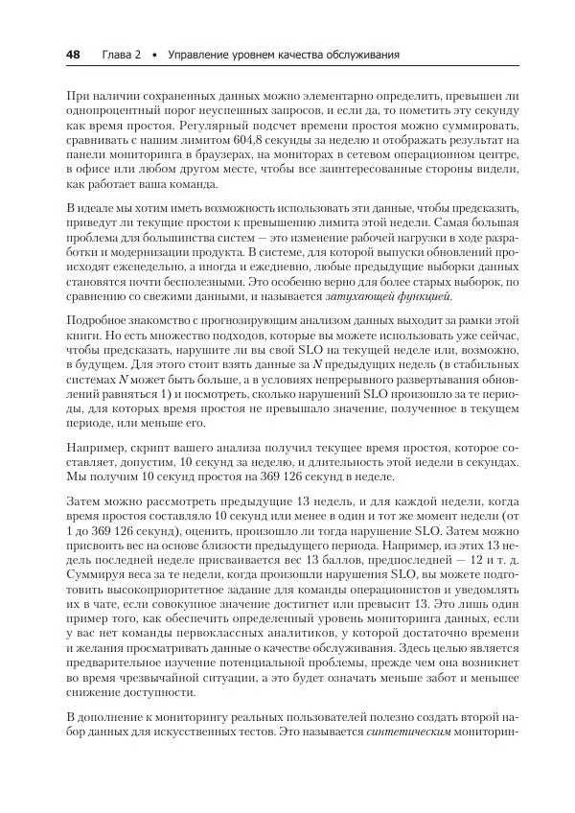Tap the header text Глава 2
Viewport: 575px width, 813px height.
[121, 56]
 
